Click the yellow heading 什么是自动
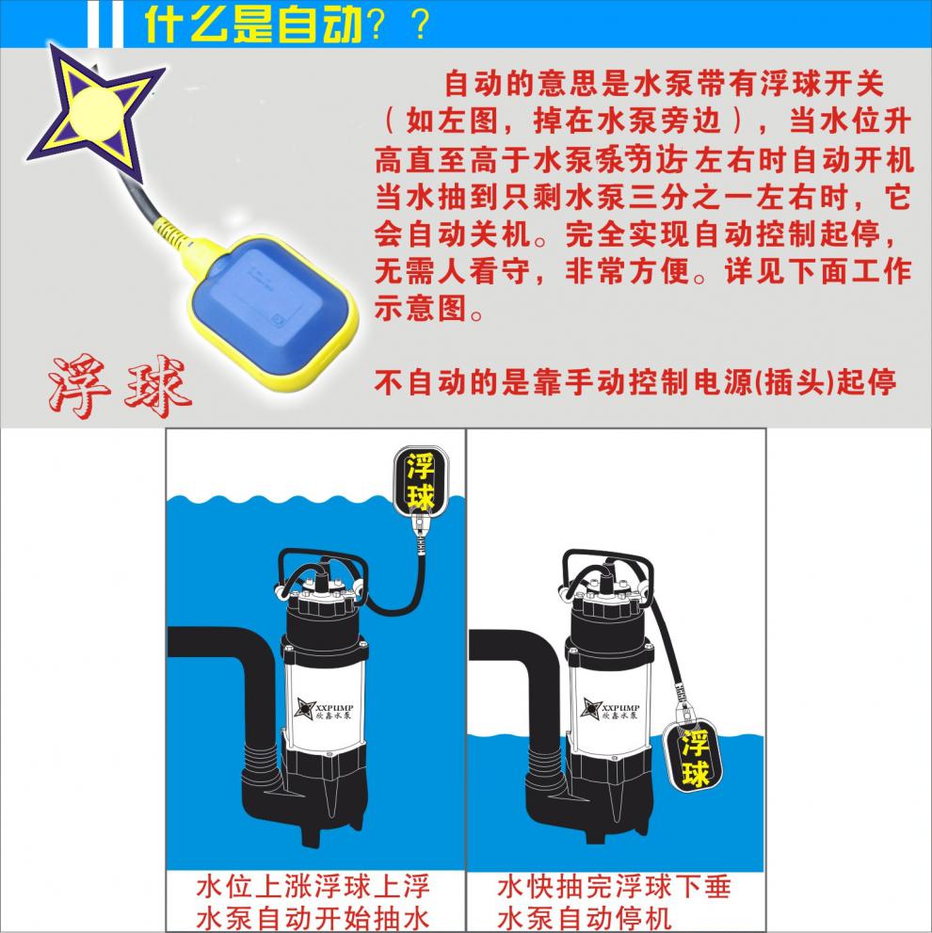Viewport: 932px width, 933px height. [252, 25]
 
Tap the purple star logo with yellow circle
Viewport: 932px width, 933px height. [95, 109]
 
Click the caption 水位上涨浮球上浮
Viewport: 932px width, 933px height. [313, 886]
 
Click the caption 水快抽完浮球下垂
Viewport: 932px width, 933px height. [614, 886]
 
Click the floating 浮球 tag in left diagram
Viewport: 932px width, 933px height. [419, 482]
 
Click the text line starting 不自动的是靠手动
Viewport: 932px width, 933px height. [635, 383]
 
